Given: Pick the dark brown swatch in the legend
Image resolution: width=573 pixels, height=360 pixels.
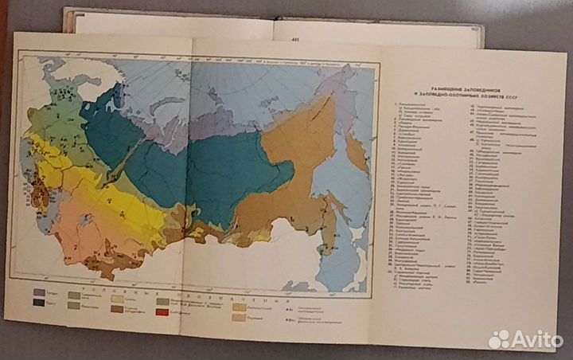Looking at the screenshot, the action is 117,309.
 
